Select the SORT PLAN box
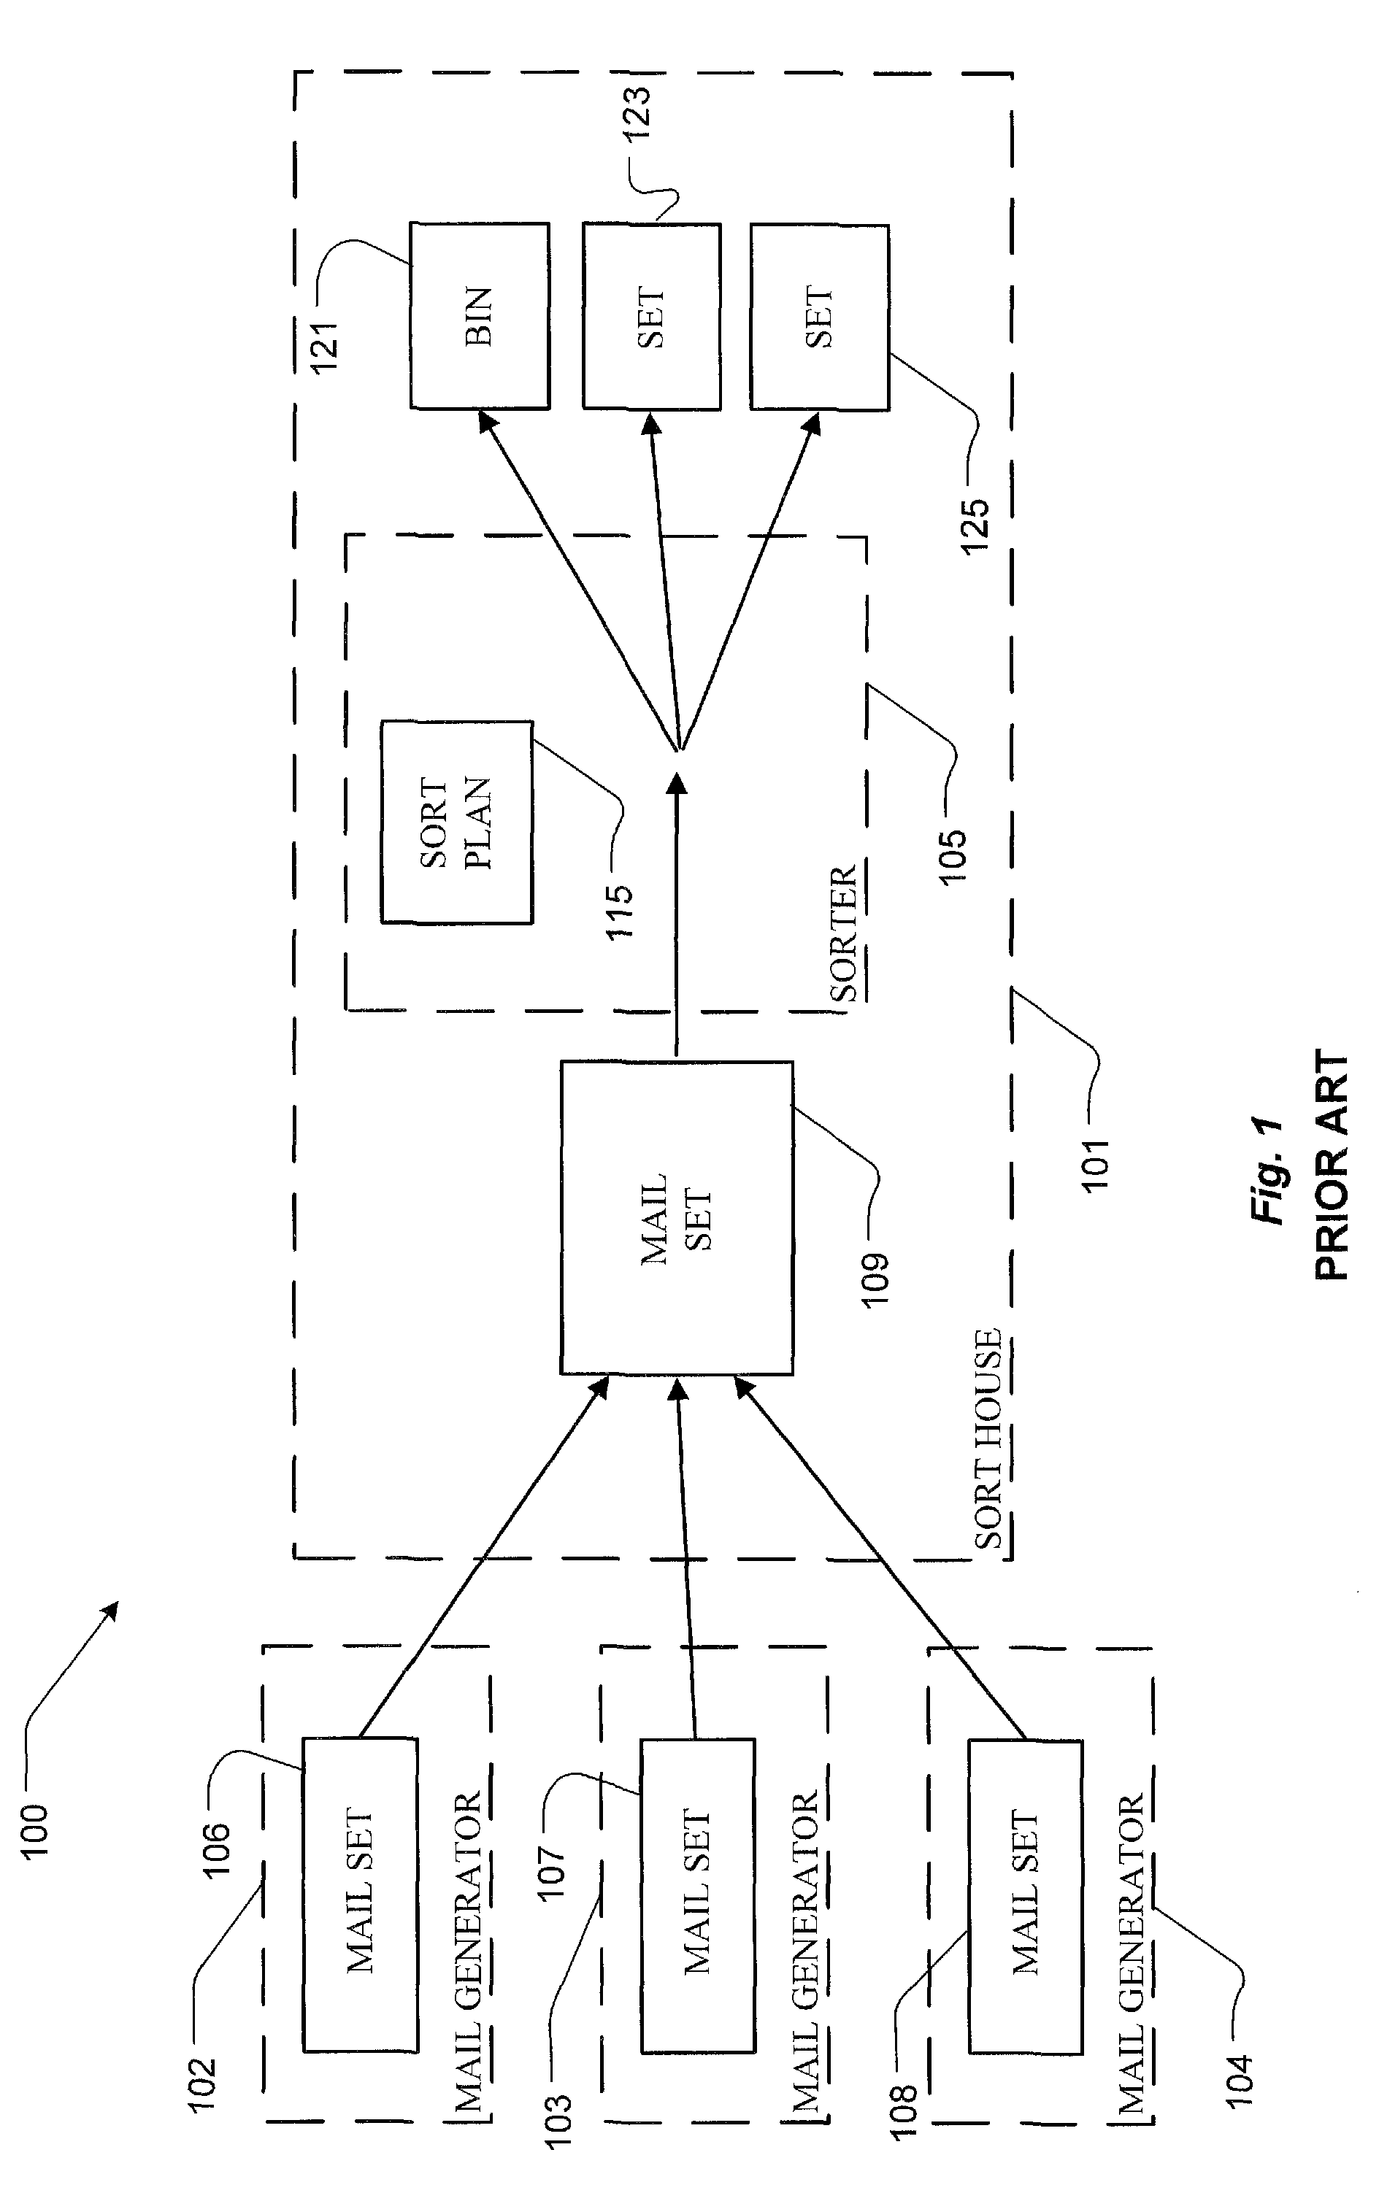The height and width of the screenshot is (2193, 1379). tap(456, 822)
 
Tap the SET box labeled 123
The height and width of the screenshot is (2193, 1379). tap(652, 316)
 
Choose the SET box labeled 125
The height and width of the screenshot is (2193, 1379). tap(820, 317)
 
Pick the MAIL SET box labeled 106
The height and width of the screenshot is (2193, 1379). tap(361, 1895)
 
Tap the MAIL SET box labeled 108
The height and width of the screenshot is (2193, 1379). tap(1026, 1897)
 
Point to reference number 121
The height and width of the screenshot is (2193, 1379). tap(324, 346)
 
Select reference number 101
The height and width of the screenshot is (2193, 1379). tap(1096, 1163)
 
